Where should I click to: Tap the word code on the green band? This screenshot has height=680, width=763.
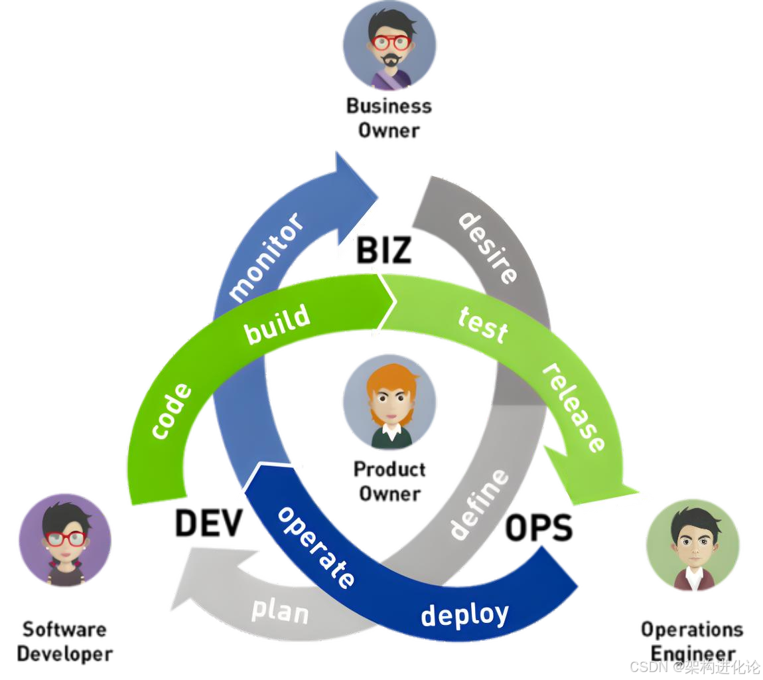(x=172, y=411)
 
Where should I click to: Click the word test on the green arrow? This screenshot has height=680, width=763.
(x=483, y=324)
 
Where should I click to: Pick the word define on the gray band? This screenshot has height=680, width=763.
(x=479, y=503)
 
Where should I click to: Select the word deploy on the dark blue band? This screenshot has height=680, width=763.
(x=464, y=614)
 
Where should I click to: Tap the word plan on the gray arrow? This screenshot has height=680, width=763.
(x=279, y=610)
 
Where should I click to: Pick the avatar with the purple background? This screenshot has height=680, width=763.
(x=64, y=540)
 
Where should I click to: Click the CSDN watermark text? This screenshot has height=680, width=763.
(x=693, y=666)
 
